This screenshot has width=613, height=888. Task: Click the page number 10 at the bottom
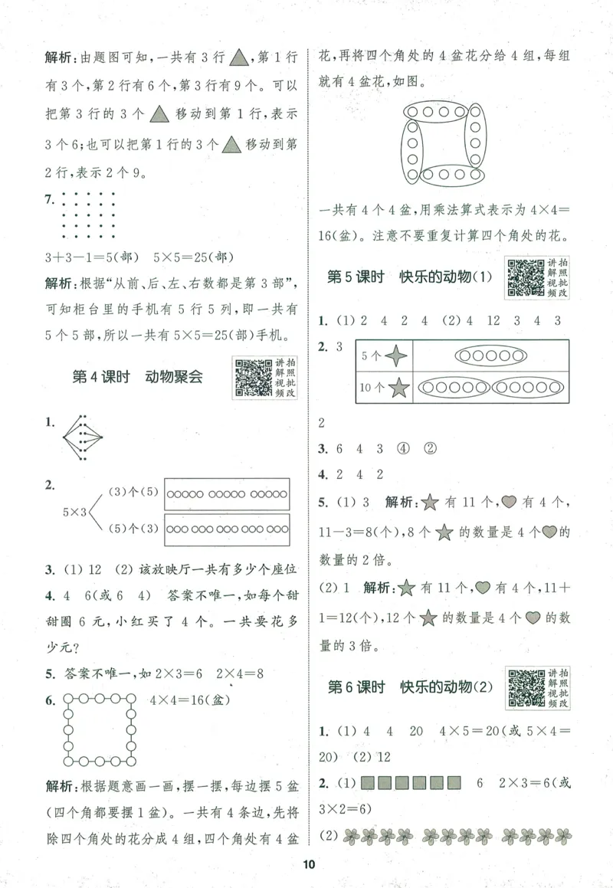pyautogui.click(x=309, y=865)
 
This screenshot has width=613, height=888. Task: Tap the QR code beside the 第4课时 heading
pyautogui.click(x=253, y=378)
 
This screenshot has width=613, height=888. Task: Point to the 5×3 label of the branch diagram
pyautogui.click(x=77, y=510)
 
